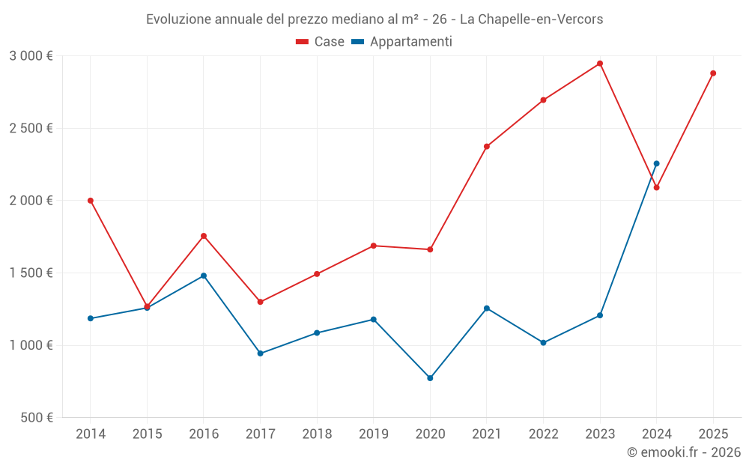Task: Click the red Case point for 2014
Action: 91,201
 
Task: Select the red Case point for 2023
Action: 600,64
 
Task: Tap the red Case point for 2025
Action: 713,73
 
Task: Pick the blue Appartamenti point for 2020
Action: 430,378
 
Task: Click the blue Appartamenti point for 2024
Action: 657,163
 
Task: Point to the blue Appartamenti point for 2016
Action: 204,276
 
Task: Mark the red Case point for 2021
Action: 487,146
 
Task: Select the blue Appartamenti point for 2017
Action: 261,353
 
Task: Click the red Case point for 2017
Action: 261,302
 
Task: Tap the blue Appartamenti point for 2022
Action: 544,343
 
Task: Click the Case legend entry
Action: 321,42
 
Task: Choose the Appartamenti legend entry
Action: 402,42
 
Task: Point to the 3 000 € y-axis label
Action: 31,56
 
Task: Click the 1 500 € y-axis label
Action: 31,273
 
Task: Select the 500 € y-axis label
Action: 35,418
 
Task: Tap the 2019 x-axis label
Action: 374,434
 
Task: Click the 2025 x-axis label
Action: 713,434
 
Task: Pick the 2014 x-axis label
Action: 91,434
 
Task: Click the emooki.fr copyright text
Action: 684,452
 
